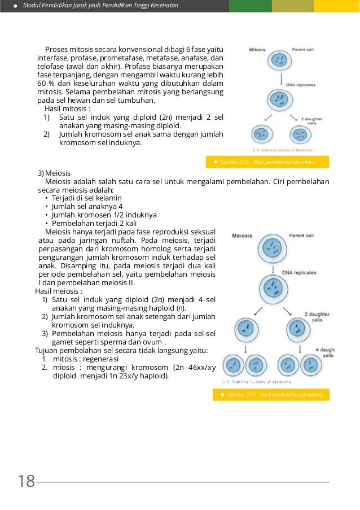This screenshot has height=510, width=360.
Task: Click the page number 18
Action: (x=26, y=482)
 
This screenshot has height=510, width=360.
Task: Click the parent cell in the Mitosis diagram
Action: (x=278, y=61)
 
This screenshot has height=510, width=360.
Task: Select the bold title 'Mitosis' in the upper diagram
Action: (x=260, y=50)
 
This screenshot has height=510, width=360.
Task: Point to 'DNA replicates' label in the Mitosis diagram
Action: (x=301, y=84)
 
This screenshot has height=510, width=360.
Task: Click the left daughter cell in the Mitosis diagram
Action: (x=261, y=134)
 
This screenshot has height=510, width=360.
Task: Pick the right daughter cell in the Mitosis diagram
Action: (x=300, y=134)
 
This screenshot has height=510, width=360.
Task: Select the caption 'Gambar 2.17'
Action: (x=275, y=395)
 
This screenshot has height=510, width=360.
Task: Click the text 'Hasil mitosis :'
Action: (x=67, y=108)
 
